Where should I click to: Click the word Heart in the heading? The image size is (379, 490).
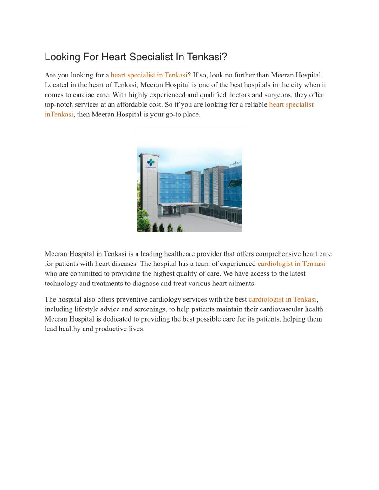click(113, 57)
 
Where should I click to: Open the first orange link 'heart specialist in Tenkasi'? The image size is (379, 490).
click(149, 75)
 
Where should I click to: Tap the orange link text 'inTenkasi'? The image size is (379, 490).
click(59, 114)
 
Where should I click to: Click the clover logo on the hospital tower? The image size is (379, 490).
click(150, 162)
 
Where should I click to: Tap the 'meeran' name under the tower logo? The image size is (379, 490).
click(150, 167)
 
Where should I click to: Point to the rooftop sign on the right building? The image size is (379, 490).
click(235, 164)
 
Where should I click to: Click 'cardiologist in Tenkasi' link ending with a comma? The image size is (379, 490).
click(282, 299)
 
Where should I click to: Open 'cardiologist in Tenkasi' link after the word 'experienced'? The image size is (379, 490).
click(291, 264)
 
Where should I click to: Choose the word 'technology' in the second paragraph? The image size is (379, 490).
click(62, 283)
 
